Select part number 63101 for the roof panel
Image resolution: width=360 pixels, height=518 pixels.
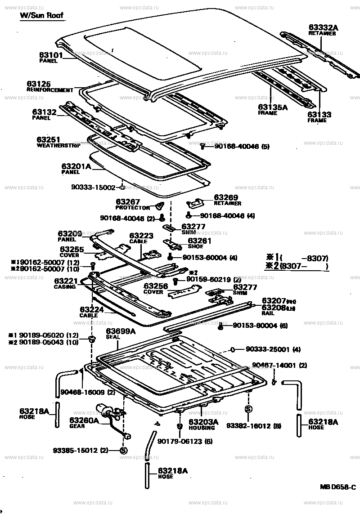coord(50,55)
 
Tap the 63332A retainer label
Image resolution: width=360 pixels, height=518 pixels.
coord(323,28)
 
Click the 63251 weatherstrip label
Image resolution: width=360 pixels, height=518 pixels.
coord(48,140)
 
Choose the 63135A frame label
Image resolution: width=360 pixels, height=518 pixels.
coord(273,107)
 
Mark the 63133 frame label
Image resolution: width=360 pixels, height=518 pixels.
coord(319,115)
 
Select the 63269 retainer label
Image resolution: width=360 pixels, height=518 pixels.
coord(225,197)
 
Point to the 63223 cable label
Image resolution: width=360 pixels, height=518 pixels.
coord(141,236)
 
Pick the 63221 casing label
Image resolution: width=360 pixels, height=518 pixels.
coord(66,281)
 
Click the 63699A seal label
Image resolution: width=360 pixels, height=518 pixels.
coord(121,332)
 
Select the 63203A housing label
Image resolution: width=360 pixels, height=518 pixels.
coord(203,422)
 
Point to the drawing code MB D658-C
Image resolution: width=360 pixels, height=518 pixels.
coord(337,487)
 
